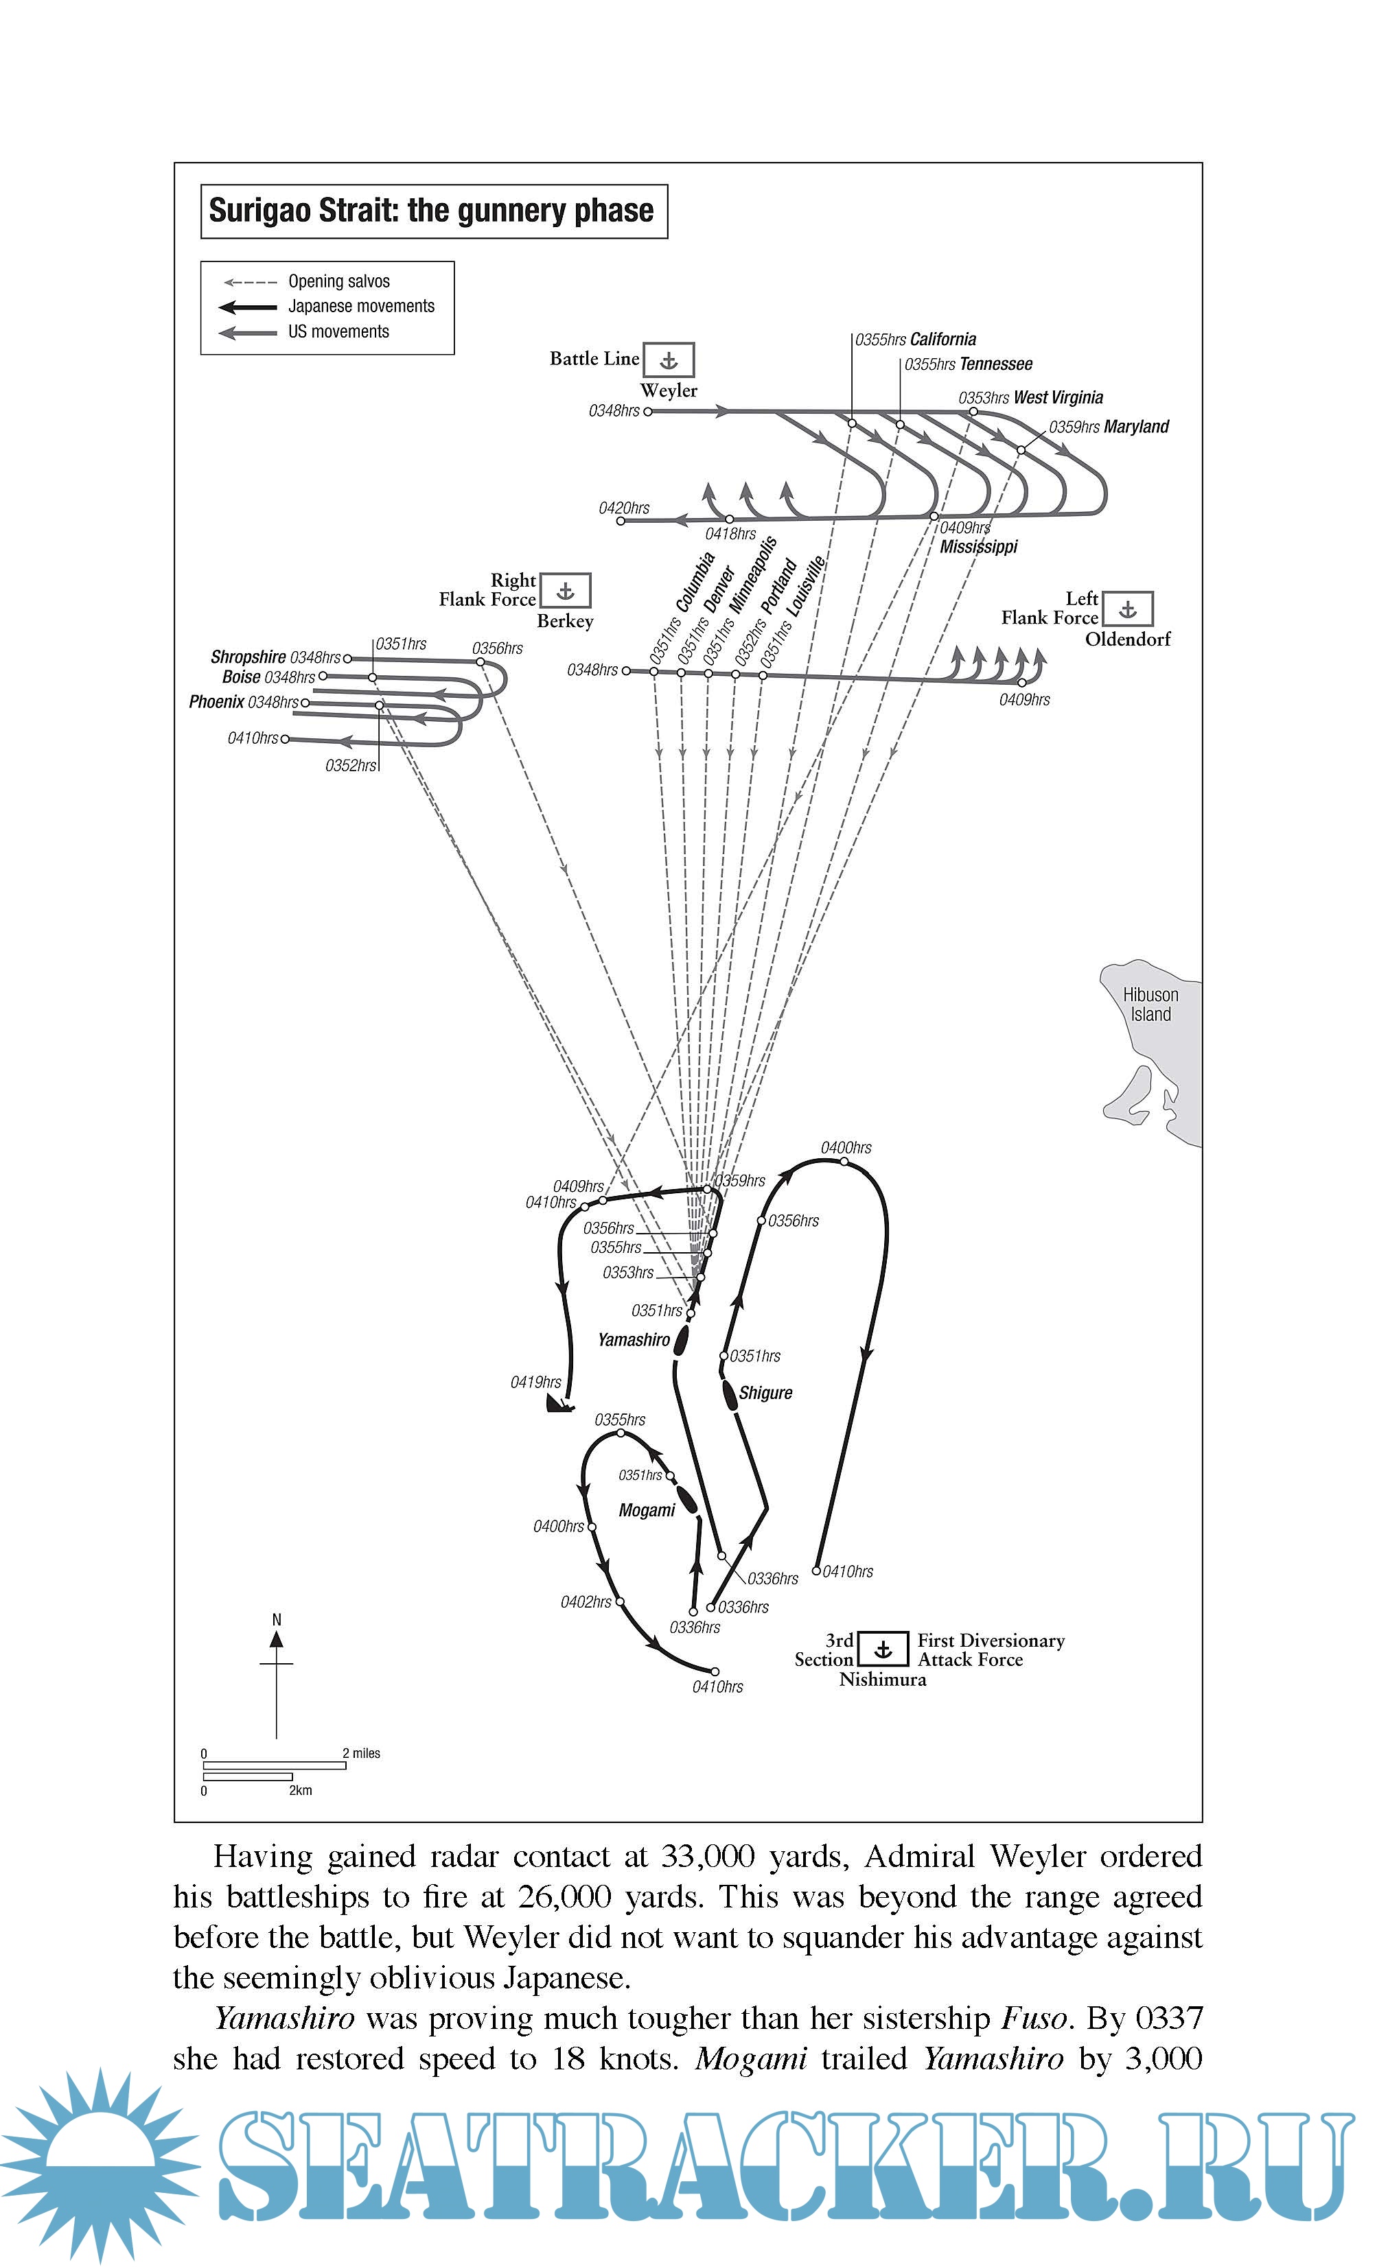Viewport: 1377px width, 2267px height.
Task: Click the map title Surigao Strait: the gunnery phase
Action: (431, 211)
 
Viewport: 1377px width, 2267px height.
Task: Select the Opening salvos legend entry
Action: (338, 281)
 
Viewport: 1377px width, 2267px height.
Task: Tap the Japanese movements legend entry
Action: (361, 307)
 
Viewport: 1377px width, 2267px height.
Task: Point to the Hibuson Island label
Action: (1150, 1005)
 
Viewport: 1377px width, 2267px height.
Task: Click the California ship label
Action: (942, 340)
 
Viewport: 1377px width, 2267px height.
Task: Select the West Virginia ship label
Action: (1058, 397)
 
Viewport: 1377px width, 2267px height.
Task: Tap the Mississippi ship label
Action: (978, 548)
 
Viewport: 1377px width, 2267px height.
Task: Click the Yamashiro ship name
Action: (634, 1339)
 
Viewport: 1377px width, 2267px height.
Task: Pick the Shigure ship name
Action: (765, 1393)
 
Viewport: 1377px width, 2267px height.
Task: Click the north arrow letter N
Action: (276, 1619)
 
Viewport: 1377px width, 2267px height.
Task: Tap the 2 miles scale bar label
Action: (362, 1752)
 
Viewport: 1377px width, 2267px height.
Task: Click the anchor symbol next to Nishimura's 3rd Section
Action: (883, 1649)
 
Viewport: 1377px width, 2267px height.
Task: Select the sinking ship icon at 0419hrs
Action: (559, 1404)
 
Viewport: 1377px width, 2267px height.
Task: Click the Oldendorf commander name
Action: (1128, 639)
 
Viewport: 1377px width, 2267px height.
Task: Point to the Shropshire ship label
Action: (248, 657)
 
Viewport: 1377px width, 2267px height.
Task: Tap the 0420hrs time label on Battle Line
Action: (624, 508)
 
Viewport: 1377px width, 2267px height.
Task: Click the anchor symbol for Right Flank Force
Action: (565, 591)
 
